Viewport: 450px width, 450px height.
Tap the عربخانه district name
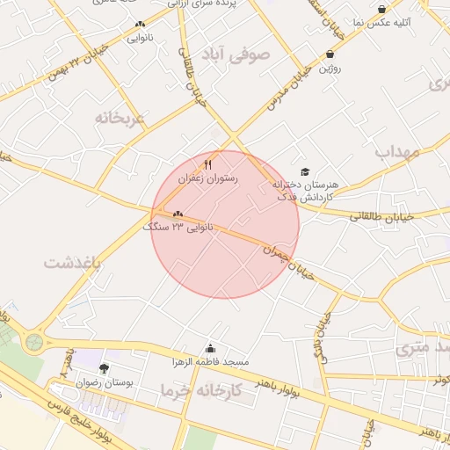pyautogui.click(x=120, y=117)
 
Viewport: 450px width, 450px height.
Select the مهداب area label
pyautogui.click(x=400, y=151)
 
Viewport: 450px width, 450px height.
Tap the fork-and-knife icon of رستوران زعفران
pyautogui.click(x=208, y=164)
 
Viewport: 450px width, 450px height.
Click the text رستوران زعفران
pyautogui.click(x=208, y=178)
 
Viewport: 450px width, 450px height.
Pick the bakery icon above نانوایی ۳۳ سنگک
pyautogui.click(x=178, y=214)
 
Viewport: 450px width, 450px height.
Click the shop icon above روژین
pyautogui.click(x=330, y=54)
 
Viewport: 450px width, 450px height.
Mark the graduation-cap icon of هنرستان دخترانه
pyautogui.click(x=305, y=172)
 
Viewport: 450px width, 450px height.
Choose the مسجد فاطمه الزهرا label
pyautogui.click(x=211, y=361)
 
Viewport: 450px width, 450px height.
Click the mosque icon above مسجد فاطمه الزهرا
pyautogui.click(x=209, y=348)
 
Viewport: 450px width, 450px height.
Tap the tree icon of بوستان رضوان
pyautogui.click(x=105, y=368)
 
